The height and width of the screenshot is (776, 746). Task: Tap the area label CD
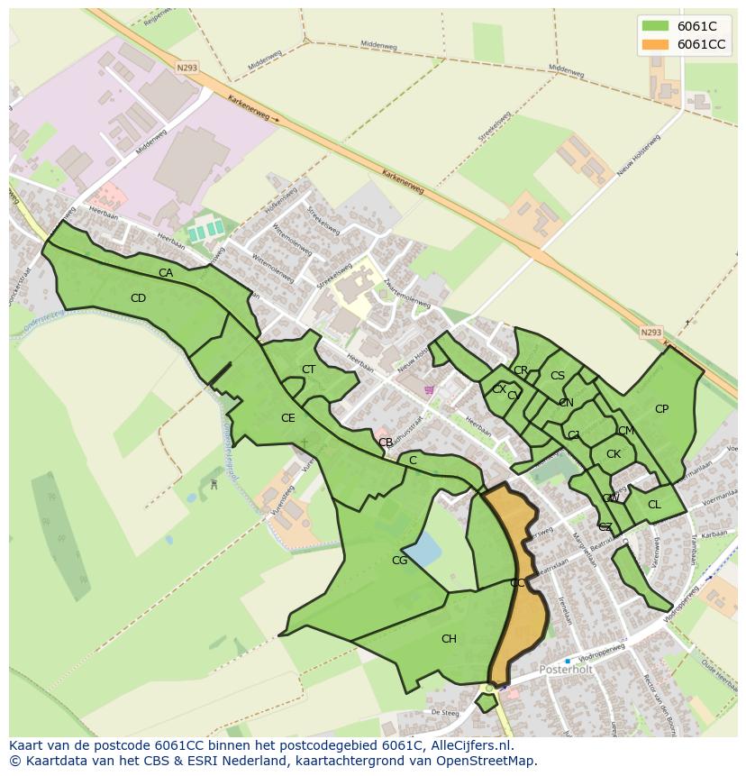(x=138, y=298)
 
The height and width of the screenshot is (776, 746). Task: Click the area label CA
(x=166, y=273)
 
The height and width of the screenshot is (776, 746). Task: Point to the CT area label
(x=308, y=370)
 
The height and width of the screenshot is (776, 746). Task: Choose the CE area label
(x=287, y=418)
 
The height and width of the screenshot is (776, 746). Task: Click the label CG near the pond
(x=399, y=561)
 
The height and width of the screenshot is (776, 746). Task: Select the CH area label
(x=449, y=639)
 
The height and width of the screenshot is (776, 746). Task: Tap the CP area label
(x=661, y=409)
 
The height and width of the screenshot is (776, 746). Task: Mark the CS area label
(x=558, y=376)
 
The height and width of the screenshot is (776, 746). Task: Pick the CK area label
(x=614, y=454)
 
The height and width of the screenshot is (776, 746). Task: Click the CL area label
(x=654, y=505)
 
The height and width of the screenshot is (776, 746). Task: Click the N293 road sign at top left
(x=186, y=67)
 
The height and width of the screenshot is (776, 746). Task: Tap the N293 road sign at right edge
(x=650, y=333)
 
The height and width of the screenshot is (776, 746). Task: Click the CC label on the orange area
(x=517, y=583)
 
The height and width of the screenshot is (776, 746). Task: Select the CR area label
(x=521, y=370)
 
